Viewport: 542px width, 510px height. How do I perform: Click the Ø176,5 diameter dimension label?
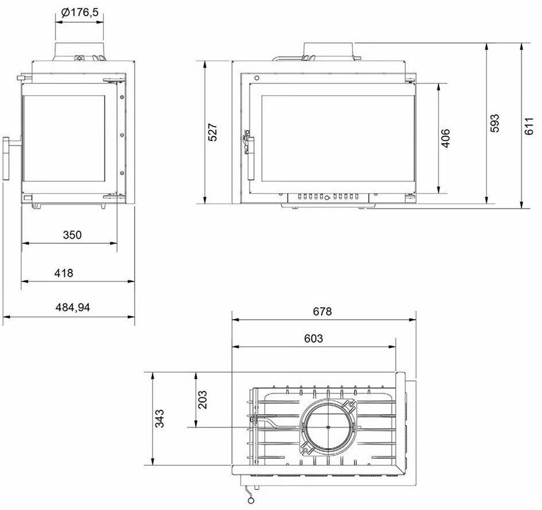(80, 13)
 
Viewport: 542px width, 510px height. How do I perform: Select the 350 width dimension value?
(72, 235)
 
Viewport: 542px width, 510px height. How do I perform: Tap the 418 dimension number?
(64, 273)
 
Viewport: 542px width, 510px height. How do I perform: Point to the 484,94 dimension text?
(73, 307)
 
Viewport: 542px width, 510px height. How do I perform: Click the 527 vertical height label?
(213, 132)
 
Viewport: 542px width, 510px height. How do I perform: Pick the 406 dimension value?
(446, 138)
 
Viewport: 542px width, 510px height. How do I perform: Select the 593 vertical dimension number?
(494, 123)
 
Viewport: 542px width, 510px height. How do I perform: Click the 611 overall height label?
(529, 126)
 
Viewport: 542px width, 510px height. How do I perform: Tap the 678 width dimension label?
(322, 312)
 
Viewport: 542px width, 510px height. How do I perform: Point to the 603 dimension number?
(313, 338)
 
